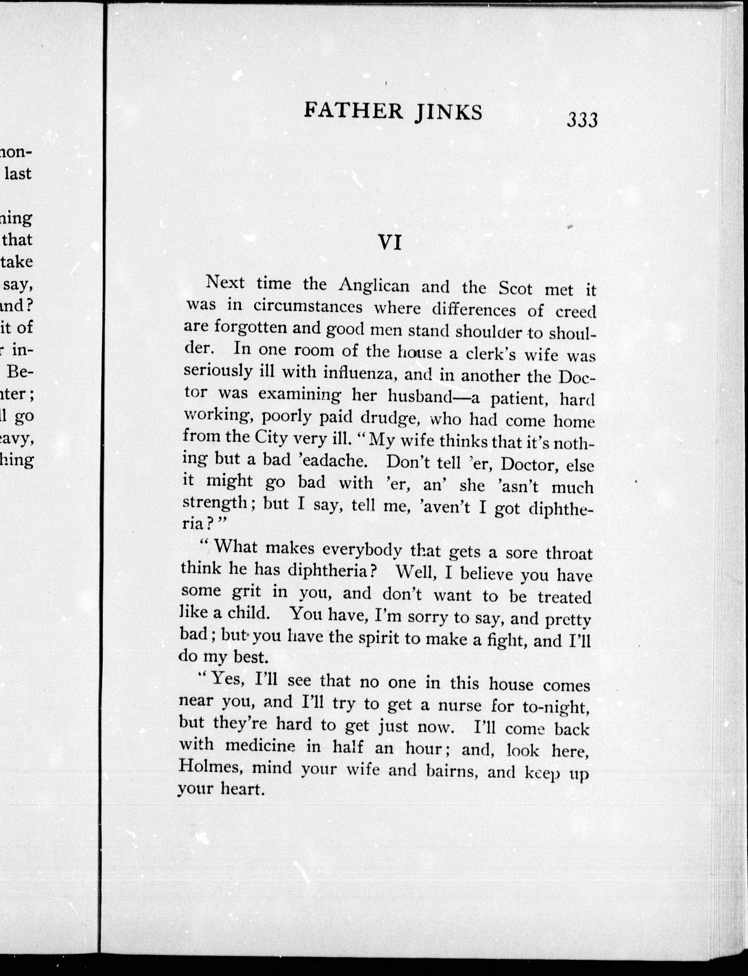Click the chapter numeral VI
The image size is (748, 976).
tap(390, 243)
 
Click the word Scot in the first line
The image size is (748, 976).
tap(515, 289)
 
